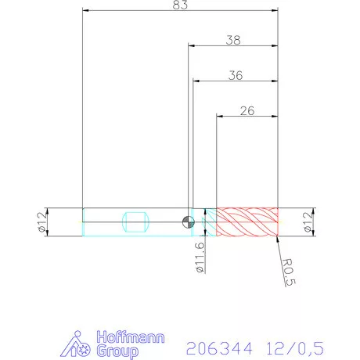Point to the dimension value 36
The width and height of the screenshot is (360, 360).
point(235,75)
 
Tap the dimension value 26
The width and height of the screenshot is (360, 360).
point(247,110)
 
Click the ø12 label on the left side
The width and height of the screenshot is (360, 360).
point(41,222)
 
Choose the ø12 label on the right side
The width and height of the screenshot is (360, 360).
point(318,223)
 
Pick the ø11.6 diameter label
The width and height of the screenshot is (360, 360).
point(200,257)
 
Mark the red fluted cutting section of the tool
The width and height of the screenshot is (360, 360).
point(247,222)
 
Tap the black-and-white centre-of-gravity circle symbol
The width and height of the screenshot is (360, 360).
point(188,222)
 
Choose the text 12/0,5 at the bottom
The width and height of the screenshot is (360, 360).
point(293,345)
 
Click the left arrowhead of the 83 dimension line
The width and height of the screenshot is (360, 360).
point(86,11)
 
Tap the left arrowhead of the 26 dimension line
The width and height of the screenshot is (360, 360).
point(220,117)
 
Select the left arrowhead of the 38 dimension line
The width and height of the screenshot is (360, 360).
point(191,45)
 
